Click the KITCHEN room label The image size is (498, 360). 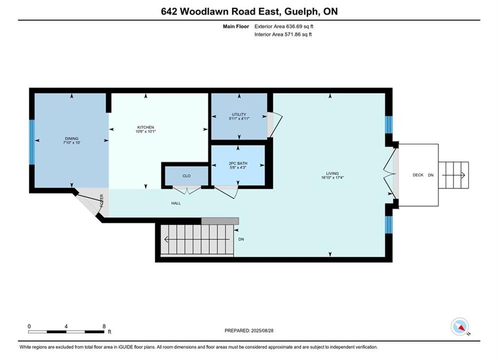tap(146, 127)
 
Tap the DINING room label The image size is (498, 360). tap(72, 138)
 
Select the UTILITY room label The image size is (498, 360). tap(239, 114)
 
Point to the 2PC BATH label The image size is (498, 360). tap(238, 163)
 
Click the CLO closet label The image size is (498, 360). tap(186, 175)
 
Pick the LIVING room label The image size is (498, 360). tap(332, 173)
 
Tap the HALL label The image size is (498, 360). tap(176, 203)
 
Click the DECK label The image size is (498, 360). tap(418, 175)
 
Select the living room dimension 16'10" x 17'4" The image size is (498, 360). tap(332, 177)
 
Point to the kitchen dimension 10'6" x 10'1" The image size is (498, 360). tap(146, 131)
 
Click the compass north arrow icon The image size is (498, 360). tap(459, 326)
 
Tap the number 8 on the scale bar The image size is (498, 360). tap(104, 326)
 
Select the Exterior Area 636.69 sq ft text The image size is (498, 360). tap(284, 26)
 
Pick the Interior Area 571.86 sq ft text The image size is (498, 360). tap(283, 34)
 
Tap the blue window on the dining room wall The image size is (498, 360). tap(32, 142)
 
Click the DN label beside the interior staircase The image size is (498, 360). tap(241, 239)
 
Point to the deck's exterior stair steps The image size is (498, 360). tap(453, 175)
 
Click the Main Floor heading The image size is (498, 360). tap(236, 26)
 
